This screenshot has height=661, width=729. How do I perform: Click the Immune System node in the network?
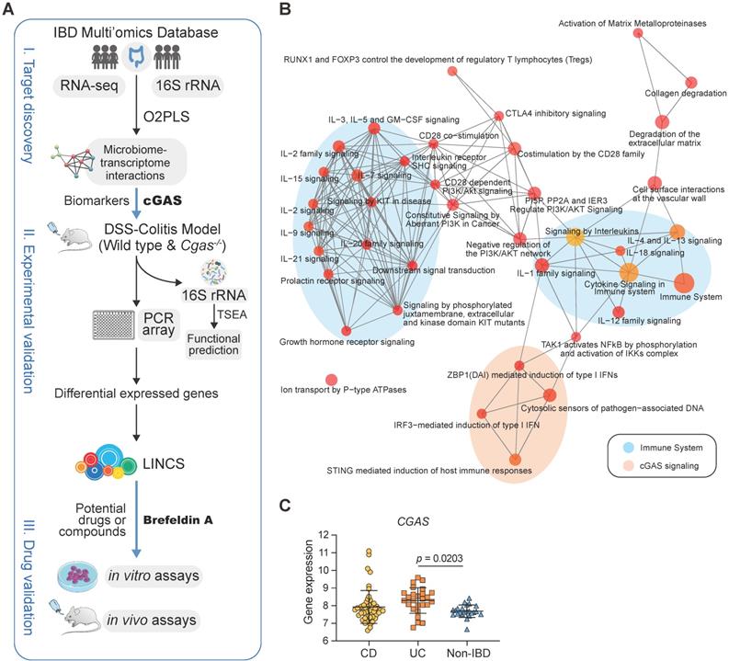(x=683, y=283)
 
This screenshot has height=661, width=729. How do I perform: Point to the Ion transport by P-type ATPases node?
(x=331, y=380)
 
